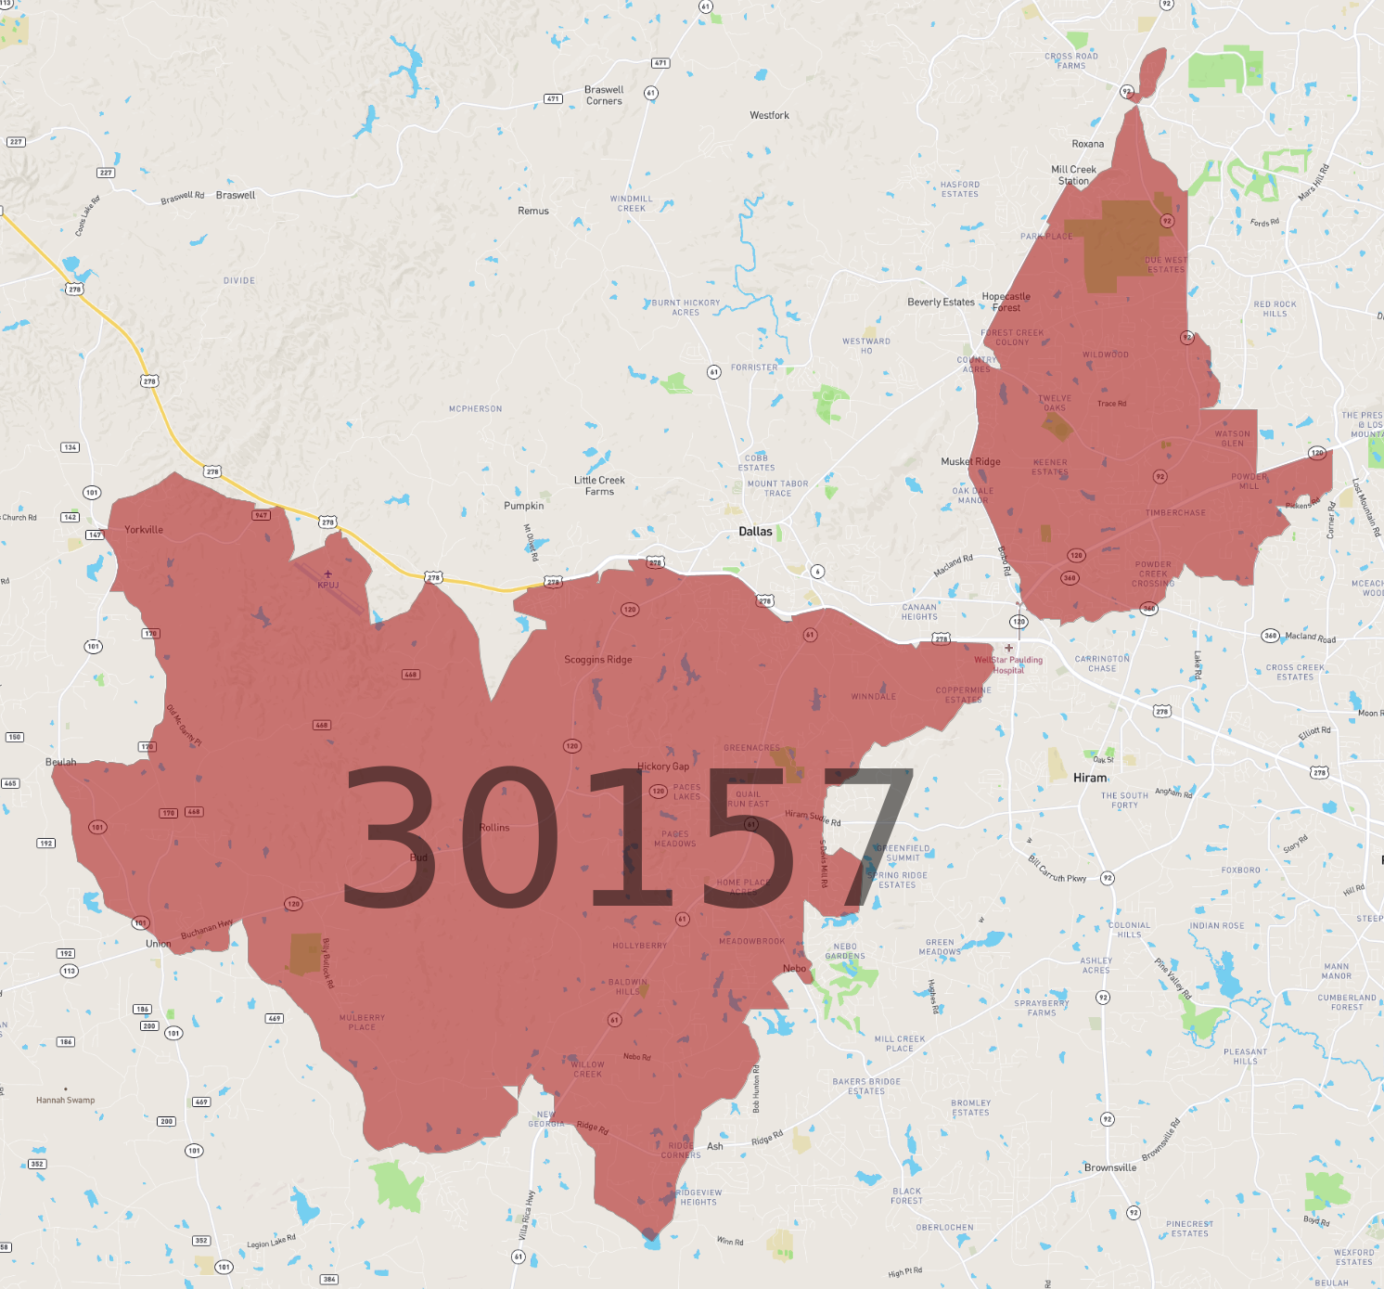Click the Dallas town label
[x=755, y=532]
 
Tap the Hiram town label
[x=1090, y=778]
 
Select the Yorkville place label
[x=144, y=530]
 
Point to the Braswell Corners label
[x=604, y=96]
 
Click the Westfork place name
[x=769, y=115]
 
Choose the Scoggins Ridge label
[x=598, y=660]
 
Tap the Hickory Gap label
[x=663, y=767]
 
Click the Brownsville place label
[x=1110, y=1167]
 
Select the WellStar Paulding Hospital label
[x=1008, y=664]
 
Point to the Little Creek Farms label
[x=599, y=485]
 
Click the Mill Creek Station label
[x=1073, y=175]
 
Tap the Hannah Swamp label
[x=65, y=1100]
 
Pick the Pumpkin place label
[x=524, y=506]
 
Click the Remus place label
[x=533, y=211]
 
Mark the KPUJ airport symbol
[x=327, y=574]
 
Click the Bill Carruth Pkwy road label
[x=1057, y=870]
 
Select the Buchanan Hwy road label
[x=207, y=929]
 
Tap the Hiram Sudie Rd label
[x=813, y=818]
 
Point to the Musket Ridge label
[x=970, y=461]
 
